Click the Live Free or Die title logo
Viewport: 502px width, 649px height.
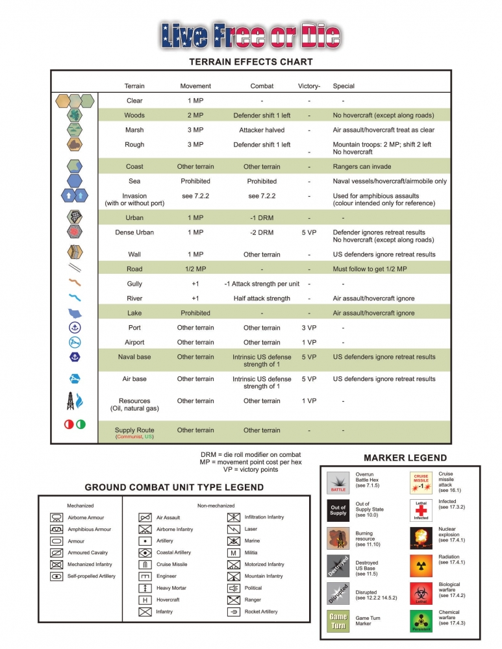pos(250,36)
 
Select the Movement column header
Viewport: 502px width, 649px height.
pos(195,86)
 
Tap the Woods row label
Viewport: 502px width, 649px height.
pos(134,115)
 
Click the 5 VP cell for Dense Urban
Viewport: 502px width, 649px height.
pos(308,232)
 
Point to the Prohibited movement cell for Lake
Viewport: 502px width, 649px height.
pos(195,313)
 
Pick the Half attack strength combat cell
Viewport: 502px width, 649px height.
pos(262,299)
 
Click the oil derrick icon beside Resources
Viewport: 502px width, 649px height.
pos(69,401)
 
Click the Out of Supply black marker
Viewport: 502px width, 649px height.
pos(338,509)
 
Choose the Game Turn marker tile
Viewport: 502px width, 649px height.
pos(338,621)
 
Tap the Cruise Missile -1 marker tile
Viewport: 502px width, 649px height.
pos(421,482)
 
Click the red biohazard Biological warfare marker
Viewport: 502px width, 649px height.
pos(421,593)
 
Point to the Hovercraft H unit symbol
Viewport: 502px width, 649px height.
pos(145,600)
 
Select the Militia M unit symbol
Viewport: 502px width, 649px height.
pos(233,552)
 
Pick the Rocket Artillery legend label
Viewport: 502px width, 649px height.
pos(261,611)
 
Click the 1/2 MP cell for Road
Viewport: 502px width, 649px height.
pos(195,269)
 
